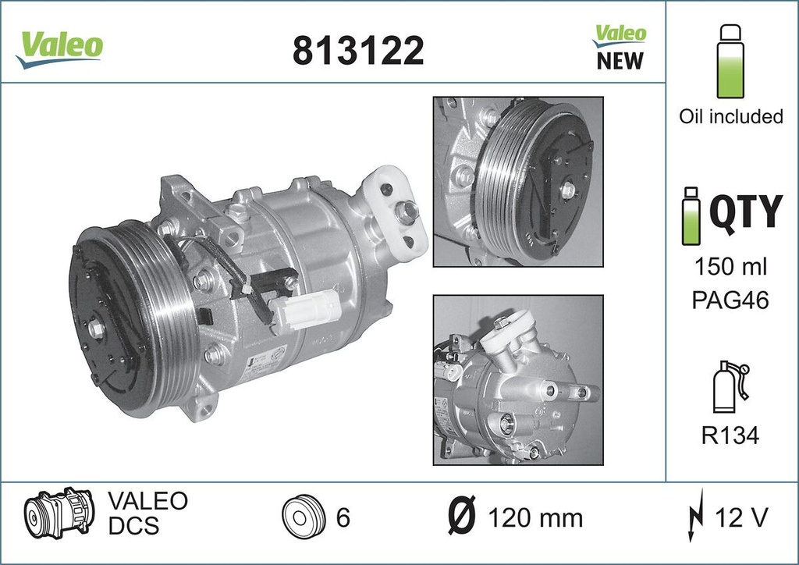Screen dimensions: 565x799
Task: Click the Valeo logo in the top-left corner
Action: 59,46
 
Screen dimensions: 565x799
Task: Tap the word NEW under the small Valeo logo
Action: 620,61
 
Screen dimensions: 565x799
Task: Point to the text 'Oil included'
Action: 730,116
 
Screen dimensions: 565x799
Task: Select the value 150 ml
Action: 730,267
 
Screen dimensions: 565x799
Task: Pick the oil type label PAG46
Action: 730,300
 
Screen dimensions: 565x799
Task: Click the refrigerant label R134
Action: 730,435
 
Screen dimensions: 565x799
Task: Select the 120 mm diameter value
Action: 534,517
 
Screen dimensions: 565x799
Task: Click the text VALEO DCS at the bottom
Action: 147,513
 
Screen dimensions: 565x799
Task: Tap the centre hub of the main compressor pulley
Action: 98,329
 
